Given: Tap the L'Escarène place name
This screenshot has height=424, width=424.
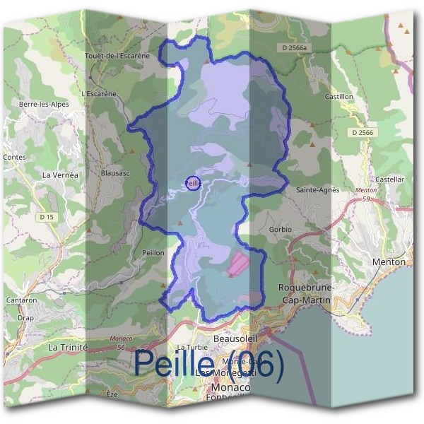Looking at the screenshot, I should [98, 93].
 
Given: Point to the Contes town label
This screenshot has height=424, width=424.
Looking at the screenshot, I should [14, 157].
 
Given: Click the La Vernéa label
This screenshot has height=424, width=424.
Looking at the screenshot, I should [60, 175].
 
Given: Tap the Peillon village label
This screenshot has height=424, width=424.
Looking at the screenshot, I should [153, 252].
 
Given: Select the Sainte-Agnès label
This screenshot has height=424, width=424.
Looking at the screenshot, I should [317, 189].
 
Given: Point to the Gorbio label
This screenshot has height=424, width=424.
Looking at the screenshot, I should [280, 230].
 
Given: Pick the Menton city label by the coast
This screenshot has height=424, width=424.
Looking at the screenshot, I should [388, 262].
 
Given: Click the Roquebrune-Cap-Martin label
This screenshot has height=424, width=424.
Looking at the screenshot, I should [306, 293].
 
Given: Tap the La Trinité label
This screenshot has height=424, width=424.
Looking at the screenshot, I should [67, 348].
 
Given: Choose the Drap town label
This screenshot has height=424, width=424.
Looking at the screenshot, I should [26, 317].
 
